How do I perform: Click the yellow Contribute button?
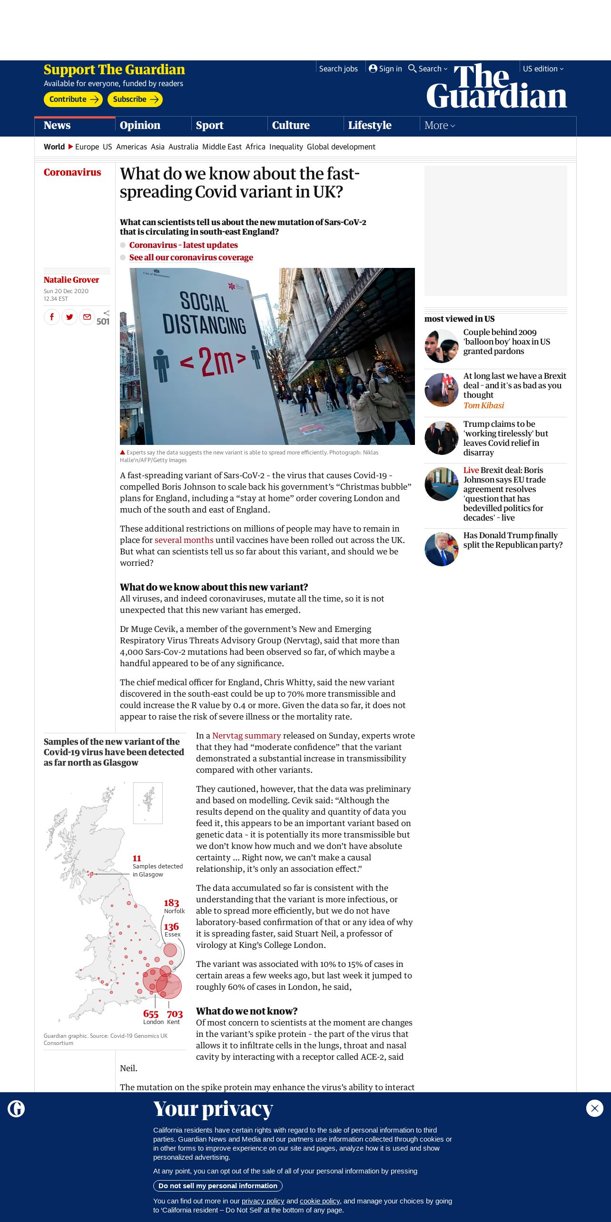click(73, 99)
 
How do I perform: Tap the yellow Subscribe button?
click(135, 99)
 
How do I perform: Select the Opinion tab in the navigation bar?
click(140, 126)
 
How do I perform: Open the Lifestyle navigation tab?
click(370, 126)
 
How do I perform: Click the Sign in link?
click(385, 69)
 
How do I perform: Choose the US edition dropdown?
click(543, 69)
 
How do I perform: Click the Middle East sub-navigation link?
click(222, 147)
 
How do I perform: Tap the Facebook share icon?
click(52, 317)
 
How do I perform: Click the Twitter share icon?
click(69, 317)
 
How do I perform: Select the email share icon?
click(87, 317)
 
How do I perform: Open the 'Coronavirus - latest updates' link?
click(184, 245)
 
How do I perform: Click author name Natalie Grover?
click(71, 280)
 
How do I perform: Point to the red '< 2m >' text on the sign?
click(213, 362)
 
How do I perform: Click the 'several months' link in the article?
click(184, 540)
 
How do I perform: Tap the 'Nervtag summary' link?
click(246, 736)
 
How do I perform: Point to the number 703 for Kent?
click(175, 1014)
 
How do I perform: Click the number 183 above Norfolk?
click(171, 903)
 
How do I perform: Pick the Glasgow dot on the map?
click(91, 874)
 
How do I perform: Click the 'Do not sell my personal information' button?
click(218, 1186)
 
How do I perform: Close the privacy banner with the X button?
click(595, 1108)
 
